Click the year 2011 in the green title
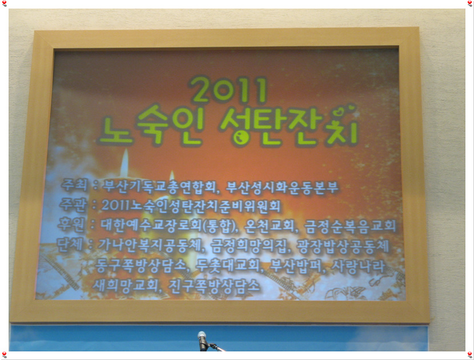coord(228,90)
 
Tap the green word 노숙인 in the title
coord(151,126)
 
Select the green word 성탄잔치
coord(289,127)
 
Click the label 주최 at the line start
coord(75,185)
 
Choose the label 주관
coord(73,205)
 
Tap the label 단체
coord(70,245)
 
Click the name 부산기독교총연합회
coord(159,186)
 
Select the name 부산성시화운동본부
coord(282,187)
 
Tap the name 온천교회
coord(269,225)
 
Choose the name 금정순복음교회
coord(350,226)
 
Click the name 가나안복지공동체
coord(149,245)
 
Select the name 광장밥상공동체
coord(343,246)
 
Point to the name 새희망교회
coord(125,285)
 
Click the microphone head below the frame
coord(202,335)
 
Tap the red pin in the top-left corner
coord(4,3)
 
